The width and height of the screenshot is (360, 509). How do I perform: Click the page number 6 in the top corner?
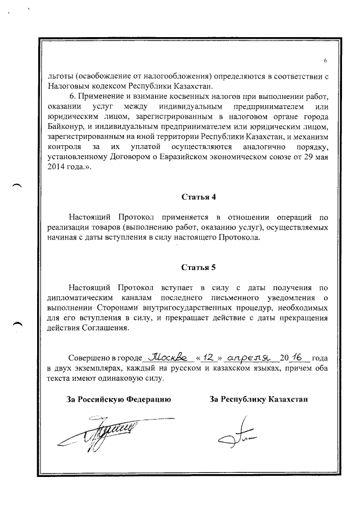(x=325, y=61)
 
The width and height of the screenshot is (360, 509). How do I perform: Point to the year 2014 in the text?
(x=57, y=167)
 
